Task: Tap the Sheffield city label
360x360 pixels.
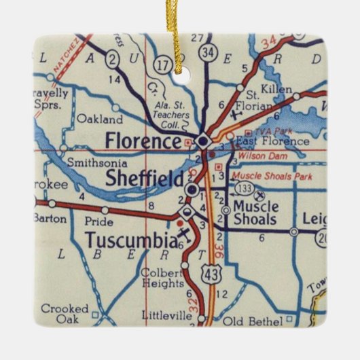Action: pyautogui.click(x=145, y=179)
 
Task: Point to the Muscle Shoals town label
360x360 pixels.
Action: pyautogui.click(x=255, y=212)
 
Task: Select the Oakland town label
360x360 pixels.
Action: pyautogui.click(x=100, y=118)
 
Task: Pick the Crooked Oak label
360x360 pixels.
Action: pyautogui.click(x=65, y=313)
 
